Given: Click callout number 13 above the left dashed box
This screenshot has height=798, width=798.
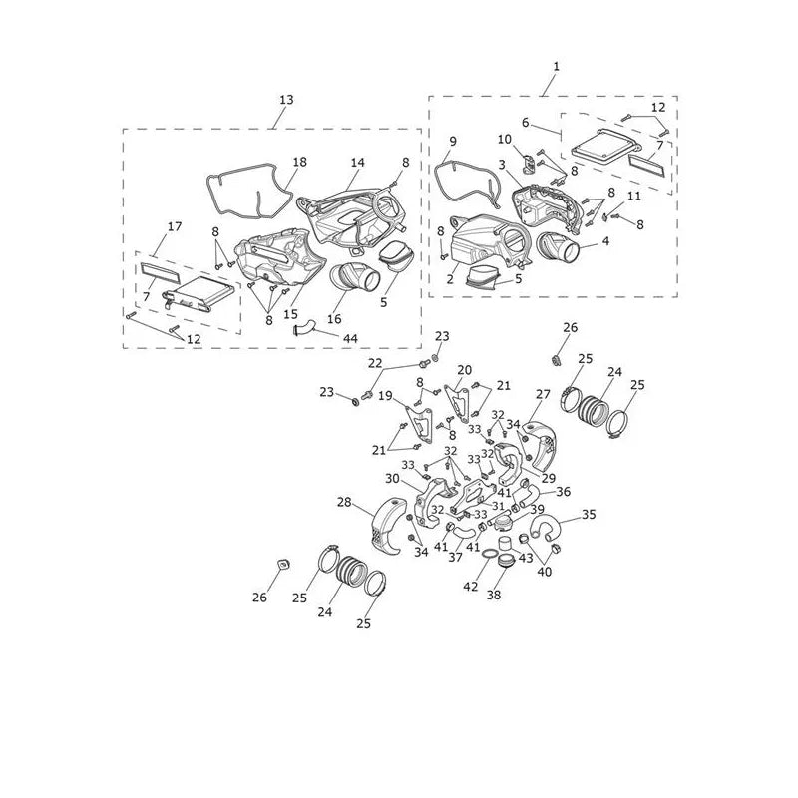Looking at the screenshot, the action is [x=286, y=99].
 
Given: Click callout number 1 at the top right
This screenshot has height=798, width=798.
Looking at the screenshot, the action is [x=557, y=66].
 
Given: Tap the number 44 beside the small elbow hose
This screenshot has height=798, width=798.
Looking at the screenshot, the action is [x=351, y=338].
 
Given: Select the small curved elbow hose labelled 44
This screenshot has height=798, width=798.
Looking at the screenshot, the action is [x=303, y=328].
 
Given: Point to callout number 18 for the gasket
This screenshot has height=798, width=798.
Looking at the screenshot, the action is [x=300, y=162].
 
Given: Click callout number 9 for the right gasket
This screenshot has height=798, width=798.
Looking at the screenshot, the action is [x=453, y=141].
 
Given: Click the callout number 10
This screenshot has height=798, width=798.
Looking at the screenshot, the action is [x=505, y=139].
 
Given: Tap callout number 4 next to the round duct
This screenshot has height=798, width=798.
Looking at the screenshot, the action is [x=605, y=240].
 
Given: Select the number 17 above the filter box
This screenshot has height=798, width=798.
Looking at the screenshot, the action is [x=175, y=226].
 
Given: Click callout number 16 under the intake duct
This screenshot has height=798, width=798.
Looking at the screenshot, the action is [x=334, y=319].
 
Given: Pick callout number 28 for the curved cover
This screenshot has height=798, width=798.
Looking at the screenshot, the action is [x=344, y=502].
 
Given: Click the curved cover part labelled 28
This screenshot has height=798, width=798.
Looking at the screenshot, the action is [x=389, y=525].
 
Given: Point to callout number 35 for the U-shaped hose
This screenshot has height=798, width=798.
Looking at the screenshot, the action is [x=589, y=514].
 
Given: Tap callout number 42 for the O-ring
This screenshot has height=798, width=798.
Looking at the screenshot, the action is [x=470, y=587].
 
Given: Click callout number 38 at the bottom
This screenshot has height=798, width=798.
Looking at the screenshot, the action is [x=493, y=595].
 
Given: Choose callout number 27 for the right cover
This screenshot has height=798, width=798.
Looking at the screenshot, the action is [x=543, y=394].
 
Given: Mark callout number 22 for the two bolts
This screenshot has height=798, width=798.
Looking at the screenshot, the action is [x=375, y=363].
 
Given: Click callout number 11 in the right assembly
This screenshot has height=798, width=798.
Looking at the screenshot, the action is [x=634, y=196].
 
